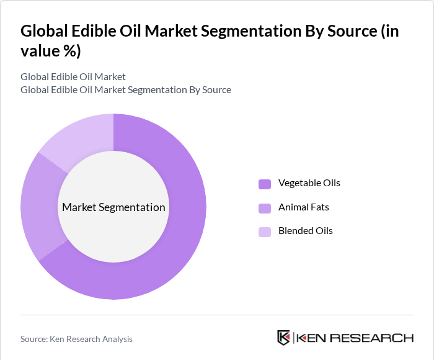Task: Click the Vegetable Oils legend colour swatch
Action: pyautogui.click(x=265, y=184)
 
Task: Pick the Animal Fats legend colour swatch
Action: pyautogui.click(x=265, y=207)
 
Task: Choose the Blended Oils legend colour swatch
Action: pyautogui.click(x=265, y=232)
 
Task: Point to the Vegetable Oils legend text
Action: pyautogui.click(x=309, y=183)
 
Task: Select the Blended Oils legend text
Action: pyautogui.click(x=305, y=231)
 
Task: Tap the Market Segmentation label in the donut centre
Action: pyautogui.click(x=113, y=207)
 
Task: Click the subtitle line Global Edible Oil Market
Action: pyautogui.click(x=73, y=76)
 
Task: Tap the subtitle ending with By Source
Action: pyautogui.click(x=126, y=90)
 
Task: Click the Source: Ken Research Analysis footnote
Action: pyautogui.click(x=76, y=339)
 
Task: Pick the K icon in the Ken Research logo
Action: pyautogui.click(x=284, y=338)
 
